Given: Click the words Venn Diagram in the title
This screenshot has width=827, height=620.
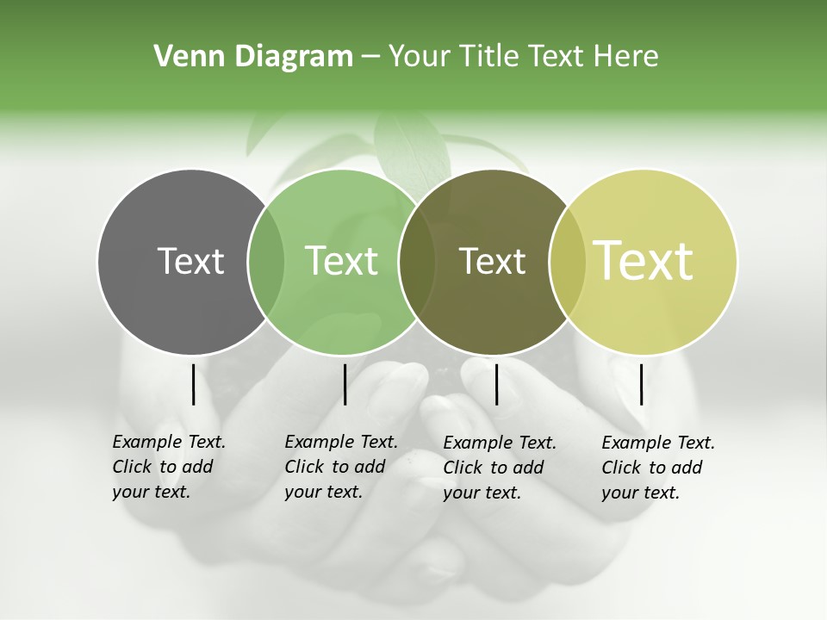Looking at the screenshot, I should [253, 57].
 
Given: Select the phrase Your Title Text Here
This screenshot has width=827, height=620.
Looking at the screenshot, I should [523, 57].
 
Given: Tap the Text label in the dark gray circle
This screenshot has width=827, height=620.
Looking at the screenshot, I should [190, 261].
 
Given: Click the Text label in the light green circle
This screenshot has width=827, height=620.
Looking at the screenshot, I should [341, 261].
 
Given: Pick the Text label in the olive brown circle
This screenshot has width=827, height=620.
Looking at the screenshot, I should [492, 261].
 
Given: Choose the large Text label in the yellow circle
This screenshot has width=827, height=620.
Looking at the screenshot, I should [644, 260].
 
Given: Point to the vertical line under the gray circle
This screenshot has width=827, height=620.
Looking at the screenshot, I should [193, 384].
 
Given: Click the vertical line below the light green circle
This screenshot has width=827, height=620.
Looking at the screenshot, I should [345, 384].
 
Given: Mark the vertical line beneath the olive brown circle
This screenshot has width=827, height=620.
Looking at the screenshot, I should [496, 384].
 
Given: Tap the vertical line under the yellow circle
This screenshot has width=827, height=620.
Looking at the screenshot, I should [641, 384].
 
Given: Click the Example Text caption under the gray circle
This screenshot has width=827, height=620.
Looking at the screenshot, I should [169, 467].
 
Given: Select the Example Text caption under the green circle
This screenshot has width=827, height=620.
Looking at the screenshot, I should [341, 467].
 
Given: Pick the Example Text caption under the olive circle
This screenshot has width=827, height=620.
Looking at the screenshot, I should [500, 468].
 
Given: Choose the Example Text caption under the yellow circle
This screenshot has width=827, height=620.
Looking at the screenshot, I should [658, 468].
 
